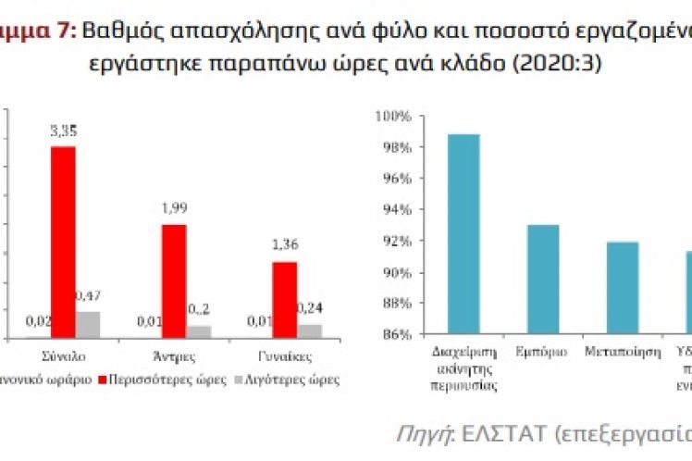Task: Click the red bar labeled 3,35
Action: (63, 242)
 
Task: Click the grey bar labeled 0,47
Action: (88, 325)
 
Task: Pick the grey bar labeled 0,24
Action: (310, 331)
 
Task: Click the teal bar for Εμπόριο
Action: (543, 279)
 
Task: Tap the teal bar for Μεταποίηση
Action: (622, 287)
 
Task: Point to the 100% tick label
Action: (392, 116)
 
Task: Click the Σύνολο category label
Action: (64, 355)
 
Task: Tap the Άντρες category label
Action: (175, 355)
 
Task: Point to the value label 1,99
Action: (174, 211)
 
